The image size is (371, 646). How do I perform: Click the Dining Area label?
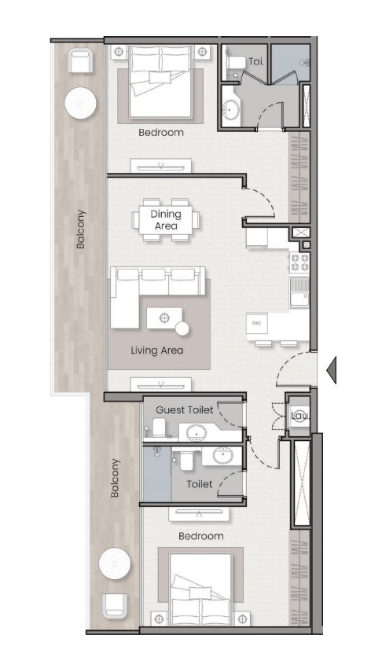pos(166,220)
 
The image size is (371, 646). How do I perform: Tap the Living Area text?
pos(157,351)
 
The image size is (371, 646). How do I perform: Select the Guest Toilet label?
pos(185,410)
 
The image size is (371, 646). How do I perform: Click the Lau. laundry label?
pos(299,416)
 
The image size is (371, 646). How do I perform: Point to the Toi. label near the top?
pos(256,61)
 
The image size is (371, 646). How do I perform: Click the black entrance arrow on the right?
pos(332,370)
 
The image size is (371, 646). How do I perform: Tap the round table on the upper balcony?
pos(80,103)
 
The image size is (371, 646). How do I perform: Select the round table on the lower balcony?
pos(115,563)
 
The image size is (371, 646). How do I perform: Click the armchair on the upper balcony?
pos(80,61)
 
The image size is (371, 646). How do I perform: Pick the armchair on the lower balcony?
pos(115,605)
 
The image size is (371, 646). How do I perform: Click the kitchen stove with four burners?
pos(299,262)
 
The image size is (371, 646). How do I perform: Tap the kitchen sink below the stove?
pos(299,293)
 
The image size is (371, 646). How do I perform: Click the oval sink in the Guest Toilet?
pos(197,432)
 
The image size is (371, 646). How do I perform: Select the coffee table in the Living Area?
pos(164,318)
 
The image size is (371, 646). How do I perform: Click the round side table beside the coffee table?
pos(182,329)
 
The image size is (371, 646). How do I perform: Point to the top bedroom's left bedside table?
pos(119,52)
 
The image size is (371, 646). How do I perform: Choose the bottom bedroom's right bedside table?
pos(242,618)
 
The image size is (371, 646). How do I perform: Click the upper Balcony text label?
pos(81,229)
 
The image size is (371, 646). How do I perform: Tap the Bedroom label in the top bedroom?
pos(161,133)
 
